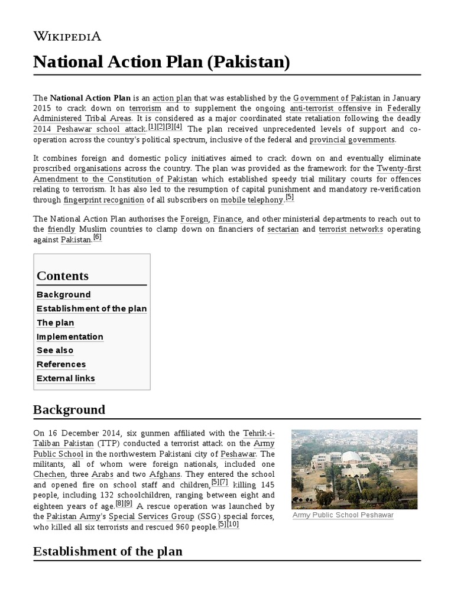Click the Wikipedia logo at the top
[67, 37]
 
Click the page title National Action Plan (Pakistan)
[161, 62]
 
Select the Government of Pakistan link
[336, 97]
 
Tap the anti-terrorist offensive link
[330, 108]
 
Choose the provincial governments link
[352, 140]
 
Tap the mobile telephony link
[252, 200]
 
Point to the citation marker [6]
[98, 238]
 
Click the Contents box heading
[63, 276]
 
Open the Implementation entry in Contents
[70, 337]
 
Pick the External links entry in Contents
[66, 378]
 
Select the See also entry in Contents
[55, 350]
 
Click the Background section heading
[69, 409]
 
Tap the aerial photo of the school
[354, 469]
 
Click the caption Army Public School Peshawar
[343, 515]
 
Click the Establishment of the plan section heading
[108, 551]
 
